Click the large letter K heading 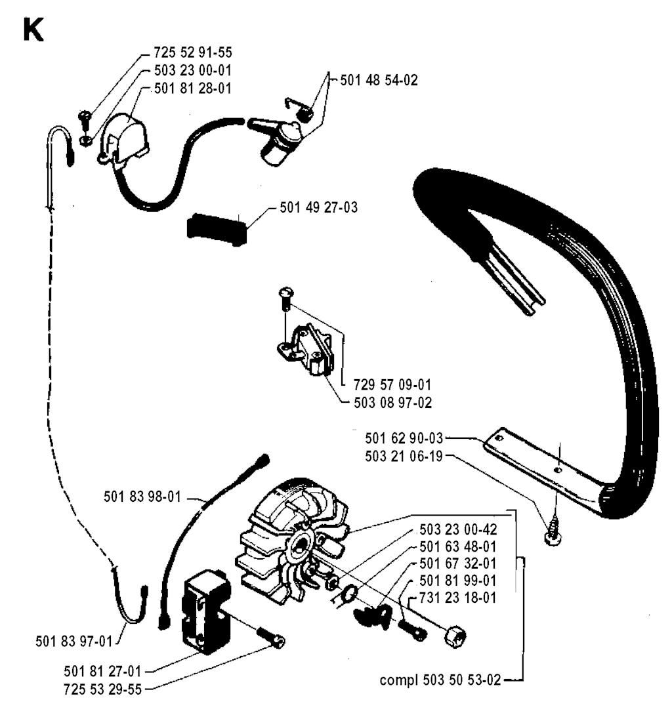(33, 31)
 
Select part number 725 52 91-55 (192, 52)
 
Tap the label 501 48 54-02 (379, 81)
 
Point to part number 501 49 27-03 (318, 207)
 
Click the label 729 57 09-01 (392, 384)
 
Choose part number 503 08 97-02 (392, 403)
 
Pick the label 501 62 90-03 (404, 438)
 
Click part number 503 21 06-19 (404, 457)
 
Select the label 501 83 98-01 (142, 497)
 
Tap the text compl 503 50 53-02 (440, 680)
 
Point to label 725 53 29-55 (103, 689)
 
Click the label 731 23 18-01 (457, 598)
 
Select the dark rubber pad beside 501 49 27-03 (217, 229)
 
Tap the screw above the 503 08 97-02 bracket (285, 300)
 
